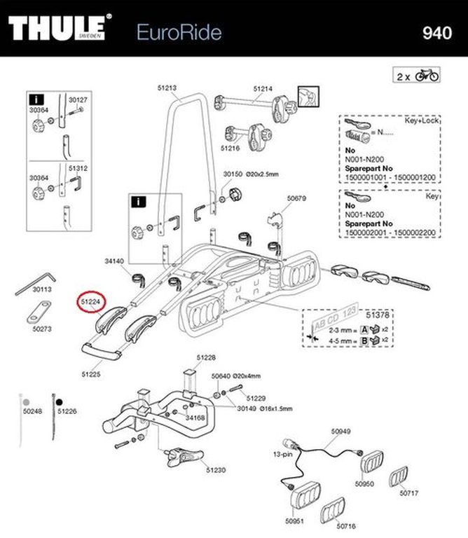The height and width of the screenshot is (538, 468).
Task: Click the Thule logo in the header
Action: (x=60, y=30)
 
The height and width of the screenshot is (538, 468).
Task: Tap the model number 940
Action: (x=436, y=32)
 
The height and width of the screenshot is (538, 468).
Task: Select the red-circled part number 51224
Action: (x=90, y=302)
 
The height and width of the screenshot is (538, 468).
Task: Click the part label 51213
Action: (x=167, y=88)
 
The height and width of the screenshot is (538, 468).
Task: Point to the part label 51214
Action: (x=262, y=88)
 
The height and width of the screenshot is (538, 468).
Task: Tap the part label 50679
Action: (x=297, y=198)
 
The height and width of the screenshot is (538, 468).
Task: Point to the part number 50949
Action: (x=340, y=432)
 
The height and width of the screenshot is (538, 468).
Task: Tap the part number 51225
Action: (x=90, y=375)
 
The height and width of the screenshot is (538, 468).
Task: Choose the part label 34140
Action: (x=113, y=261)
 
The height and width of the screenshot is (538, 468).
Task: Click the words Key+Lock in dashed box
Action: (x=421, y=120)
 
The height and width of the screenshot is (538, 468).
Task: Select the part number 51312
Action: (x=78, y=168)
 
